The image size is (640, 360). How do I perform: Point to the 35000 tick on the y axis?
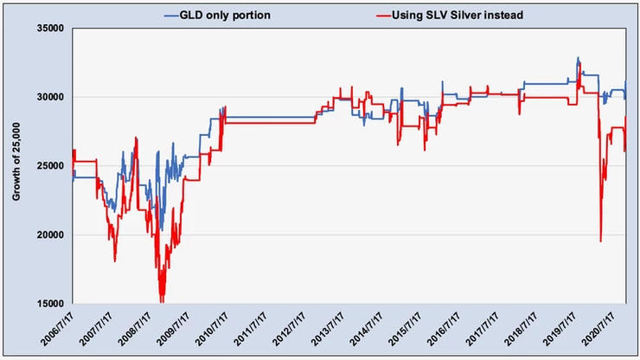[x=53, y=29]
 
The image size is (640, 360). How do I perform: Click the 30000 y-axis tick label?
[x=53, y=97]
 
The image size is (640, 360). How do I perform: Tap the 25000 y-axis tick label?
[x=53, y=166]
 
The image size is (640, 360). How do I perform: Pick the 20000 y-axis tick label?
[x=53, y=235]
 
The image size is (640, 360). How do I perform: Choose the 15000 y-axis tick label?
[x=53, y=304]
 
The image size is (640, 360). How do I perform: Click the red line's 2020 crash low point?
[x=600, y=241]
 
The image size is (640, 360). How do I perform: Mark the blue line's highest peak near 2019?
[x=578, y=58]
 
